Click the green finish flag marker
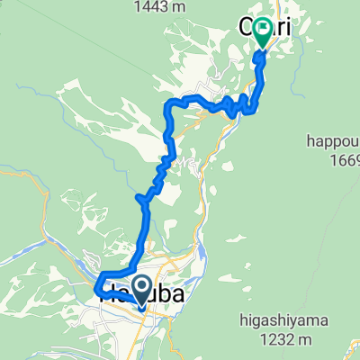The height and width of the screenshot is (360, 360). [x=263, y=32]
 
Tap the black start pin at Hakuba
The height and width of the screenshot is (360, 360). [x=141, y=290]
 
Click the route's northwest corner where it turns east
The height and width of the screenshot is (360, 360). [x=168, y=105]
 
